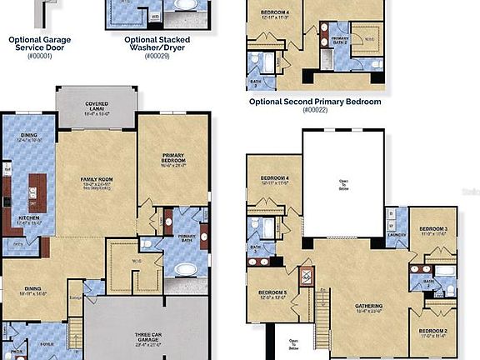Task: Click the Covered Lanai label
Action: [x=96, y=107]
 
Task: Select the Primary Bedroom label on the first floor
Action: [x=172, y=158]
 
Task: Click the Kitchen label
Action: [x=29, y=221]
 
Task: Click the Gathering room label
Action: [x=369, y=308]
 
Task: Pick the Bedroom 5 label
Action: [x=272, y=293]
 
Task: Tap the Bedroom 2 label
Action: [x=433, y=332]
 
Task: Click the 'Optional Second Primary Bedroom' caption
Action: [x=315, y=102]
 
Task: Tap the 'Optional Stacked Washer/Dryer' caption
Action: [x=157, y=43]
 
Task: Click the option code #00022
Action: [x=315, y=110]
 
